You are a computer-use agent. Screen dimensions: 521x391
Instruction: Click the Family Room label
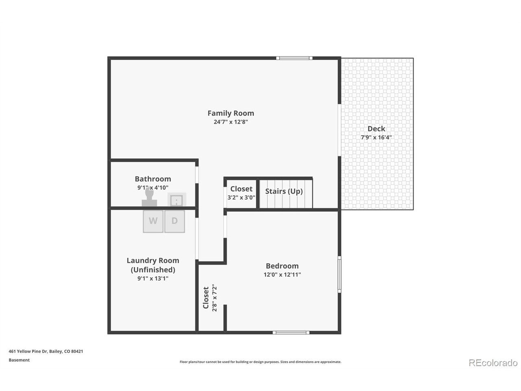point(231,113)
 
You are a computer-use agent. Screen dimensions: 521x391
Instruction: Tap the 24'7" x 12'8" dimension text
point(231,122)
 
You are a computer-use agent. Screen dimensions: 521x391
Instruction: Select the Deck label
point(376,129)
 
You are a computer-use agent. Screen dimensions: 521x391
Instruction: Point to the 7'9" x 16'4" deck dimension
point(376,137)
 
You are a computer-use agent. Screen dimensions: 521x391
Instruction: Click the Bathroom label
point(153,179)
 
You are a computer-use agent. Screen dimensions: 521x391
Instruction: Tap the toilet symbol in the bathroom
point(149,197)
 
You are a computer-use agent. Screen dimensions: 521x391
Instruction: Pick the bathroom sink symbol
point(177,200)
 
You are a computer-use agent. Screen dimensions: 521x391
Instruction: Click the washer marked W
point(153,221)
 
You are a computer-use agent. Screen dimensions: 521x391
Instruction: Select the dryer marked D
point(175,221)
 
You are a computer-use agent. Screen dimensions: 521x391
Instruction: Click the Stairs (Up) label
point(284,191)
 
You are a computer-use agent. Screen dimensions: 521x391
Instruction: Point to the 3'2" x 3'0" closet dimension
point(241,198)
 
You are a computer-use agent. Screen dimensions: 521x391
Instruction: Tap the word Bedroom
point(282,266)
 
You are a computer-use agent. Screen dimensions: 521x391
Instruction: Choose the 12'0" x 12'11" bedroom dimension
point(282,275)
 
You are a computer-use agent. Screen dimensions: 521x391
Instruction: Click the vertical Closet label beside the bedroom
point(206,298)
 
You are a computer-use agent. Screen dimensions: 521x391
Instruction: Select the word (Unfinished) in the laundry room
point(153,270)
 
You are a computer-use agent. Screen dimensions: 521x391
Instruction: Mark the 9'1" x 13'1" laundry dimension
point(153,279)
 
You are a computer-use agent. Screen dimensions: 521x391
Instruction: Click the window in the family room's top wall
point(294,58)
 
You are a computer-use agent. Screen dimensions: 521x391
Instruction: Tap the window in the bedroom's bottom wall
point(291,333)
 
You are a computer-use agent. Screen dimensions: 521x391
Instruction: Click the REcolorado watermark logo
point(493,363)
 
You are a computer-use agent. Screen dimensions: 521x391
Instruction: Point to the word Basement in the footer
point(19,360)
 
